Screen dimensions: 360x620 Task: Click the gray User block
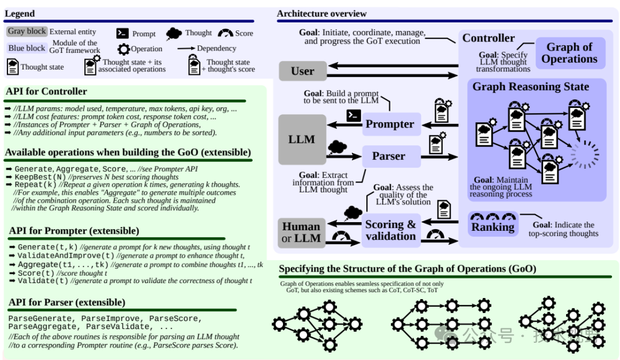point(303,71)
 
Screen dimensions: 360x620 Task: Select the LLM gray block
point(302,139)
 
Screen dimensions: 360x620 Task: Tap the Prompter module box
point(390,124)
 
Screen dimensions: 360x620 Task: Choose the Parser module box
point(389,156)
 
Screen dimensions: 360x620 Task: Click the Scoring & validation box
point(390,230)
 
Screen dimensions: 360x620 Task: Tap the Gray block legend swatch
point(26,32)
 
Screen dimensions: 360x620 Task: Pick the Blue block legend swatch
point(27,48)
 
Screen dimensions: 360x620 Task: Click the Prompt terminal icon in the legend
point(122,33)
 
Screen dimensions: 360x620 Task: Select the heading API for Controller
point(46,91)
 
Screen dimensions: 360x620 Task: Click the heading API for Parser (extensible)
point(67,303)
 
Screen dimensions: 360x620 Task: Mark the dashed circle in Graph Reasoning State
point(585,154)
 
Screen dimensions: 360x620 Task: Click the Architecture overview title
point(321,14)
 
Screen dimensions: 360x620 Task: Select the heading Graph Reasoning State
point(530,87)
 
